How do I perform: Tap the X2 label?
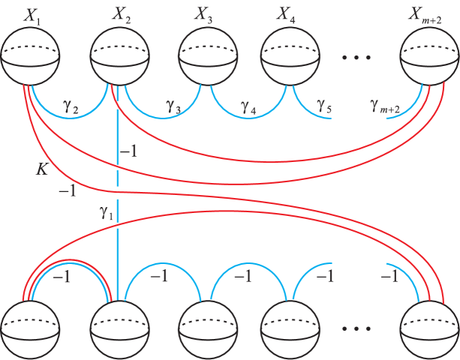click(x=123, y=15)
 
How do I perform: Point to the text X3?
click(x=204, y=15)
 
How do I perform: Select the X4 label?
click(x=286, y=15)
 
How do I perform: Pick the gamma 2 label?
click(x=72, y=108)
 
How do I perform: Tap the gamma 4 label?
click(x=248, y=108)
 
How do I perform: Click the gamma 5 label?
click(x=324, y=108)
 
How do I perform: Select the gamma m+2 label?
click(x=385, y=108)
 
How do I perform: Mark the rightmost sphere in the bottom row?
click(x=428, y=328)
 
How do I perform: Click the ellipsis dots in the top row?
click(x=356, y=57)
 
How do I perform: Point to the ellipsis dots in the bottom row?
click(x=356, y=328)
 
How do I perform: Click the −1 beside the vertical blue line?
click(x=128, y=152)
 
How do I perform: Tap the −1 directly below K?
click(x=68, y=192)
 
